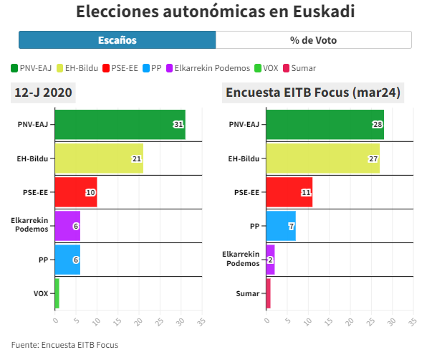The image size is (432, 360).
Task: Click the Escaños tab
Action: pos(117,40)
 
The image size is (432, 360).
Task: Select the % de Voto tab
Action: pos(313,40)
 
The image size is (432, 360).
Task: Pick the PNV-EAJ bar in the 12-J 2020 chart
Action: pos(120,125)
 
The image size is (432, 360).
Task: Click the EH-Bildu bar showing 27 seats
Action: pos(322,158)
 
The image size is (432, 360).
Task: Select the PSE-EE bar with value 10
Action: pos(75,192)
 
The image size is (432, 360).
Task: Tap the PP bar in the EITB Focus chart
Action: pos(280,226)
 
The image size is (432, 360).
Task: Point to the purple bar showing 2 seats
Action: pos(270,260)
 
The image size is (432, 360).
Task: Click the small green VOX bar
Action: pos(57,293)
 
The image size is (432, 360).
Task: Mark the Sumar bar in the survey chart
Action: pos(268,293)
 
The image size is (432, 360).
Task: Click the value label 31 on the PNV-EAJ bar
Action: pos(178,125)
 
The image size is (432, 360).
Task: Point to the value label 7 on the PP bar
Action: pos(290,226)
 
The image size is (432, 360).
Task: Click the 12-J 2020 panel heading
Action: pos(44,93)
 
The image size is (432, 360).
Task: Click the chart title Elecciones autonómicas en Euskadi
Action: pos(215,12)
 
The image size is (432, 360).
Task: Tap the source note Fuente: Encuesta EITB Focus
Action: pos(64,345)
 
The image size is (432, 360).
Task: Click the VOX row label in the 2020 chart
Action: pos(41,293)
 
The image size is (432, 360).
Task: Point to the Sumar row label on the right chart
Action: pos(248,293)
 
